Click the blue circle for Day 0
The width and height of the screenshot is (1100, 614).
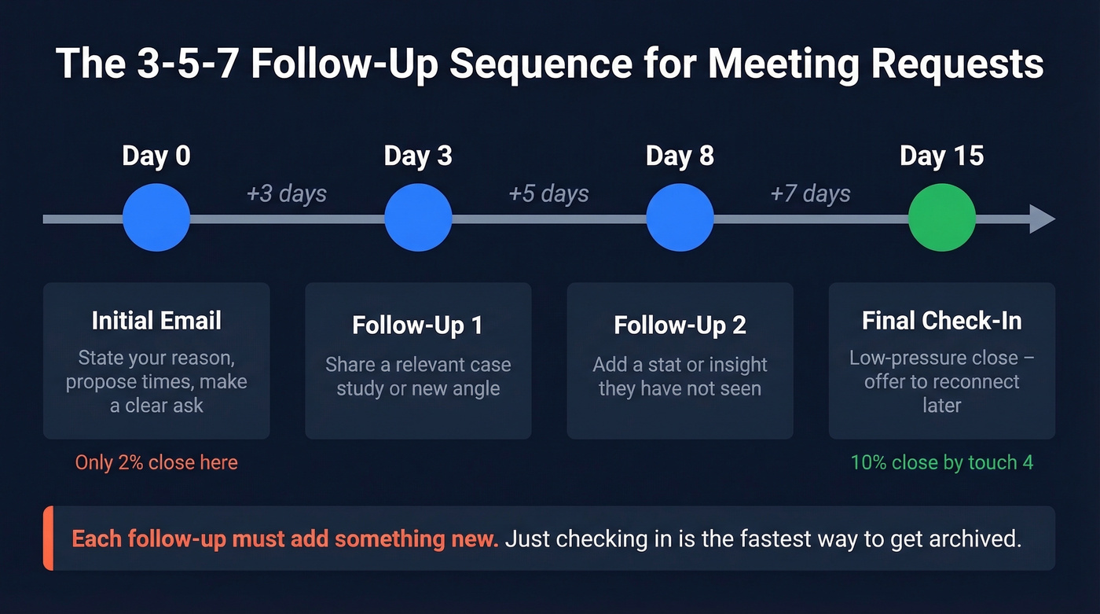coord(156,218)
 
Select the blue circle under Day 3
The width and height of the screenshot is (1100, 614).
coord(418,218)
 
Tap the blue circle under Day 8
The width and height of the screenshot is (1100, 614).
coord(680,218)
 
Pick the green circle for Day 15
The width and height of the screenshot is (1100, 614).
coord(941,218)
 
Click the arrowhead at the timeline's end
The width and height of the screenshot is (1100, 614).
coord(1043,219)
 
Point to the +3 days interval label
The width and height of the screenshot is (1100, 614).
coord(287,193)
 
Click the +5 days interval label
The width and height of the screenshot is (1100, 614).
coord(548,193)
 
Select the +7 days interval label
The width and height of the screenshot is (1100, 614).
coord(810,193)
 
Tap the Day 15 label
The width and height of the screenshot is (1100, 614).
coord(941,156)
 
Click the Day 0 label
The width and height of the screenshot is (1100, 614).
coord(156,156)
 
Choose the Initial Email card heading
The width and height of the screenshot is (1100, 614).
coord(156,321)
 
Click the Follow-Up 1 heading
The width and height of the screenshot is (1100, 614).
coord(418,325)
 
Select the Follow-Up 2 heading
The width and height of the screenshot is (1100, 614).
coord(680,325)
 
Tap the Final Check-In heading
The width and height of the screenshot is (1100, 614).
coord(941,321)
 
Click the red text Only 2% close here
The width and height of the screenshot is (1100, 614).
coord(156,462)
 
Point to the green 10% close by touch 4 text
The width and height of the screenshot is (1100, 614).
coord(941,462)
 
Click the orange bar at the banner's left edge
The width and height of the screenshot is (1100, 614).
coord(48,539)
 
